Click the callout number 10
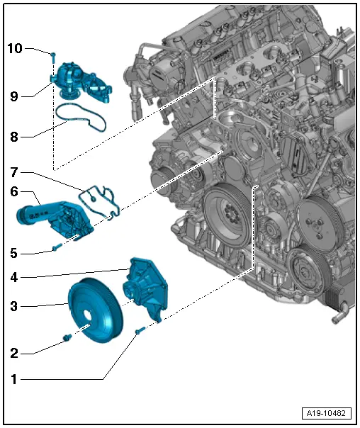tap(15, 48)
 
